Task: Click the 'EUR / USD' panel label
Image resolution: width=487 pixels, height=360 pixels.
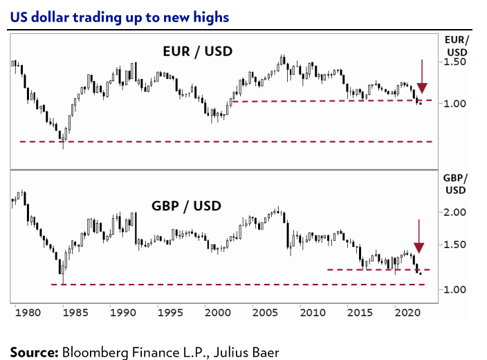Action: coord(197,51)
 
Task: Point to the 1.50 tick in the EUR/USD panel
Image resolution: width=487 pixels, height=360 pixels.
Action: coord(456,62)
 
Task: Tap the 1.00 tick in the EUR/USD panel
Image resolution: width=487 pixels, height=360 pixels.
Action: coord(456,104)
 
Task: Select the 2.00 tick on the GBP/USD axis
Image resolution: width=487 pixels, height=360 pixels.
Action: coord(456,213)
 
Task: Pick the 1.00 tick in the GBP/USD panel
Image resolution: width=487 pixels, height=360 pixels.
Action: coord(456,289)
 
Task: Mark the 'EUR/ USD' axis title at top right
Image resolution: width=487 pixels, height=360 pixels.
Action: coord(456,45)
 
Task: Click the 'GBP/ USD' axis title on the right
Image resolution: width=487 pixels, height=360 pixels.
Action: coord(456,183)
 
